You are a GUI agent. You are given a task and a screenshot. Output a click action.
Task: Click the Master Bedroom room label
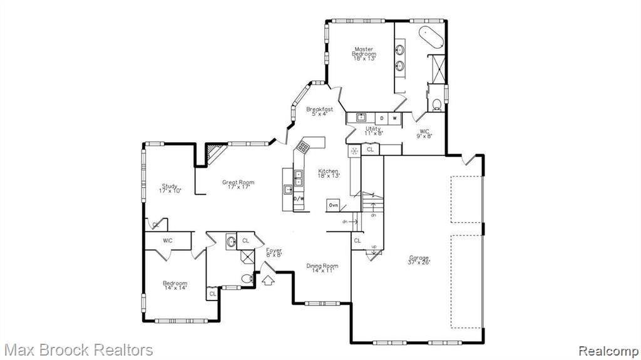pos(364,54)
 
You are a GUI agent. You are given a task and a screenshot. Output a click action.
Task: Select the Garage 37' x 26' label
pos(419,260)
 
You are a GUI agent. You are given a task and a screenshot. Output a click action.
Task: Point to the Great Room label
pos(238,185)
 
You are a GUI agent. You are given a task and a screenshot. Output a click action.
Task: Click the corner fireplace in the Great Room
pos(216,152)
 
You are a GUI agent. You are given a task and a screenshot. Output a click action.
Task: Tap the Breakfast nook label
pos(319,111)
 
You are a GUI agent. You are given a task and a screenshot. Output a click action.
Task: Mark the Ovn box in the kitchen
pos(333,205)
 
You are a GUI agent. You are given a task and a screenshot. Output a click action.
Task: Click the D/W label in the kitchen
pos(299,199)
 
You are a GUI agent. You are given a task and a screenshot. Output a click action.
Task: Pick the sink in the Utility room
pos(361,117)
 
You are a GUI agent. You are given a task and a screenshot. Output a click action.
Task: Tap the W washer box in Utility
pos(395,118)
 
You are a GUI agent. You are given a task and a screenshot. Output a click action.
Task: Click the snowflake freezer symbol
pos(354,150)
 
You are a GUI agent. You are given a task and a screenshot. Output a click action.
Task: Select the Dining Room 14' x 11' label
pos(322,269)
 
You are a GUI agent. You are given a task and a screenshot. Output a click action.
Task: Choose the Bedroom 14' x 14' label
pos(175,285)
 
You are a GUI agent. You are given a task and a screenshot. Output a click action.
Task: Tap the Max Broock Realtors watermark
pos(77,349)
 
